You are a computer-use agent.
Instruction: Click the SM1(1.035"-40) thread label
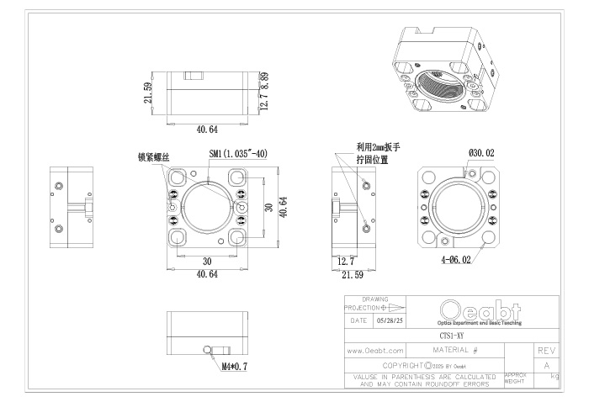click(238, 154)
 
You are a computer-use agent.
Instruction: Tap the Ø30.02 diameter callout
click(482, 153)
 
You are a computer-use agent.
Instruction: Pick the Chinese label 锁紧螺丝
click(154, 156)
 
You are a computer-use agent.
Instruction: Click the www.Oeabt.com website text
click(376, 349)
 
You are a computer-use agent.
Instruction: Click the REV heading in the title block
click(545, 348)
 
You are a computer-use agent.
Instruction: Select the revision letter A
click(545, 365)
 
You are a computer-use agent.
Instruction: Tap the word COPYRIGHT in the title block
click(403, 365)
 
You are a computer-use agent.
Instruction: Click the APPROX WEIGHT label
click(515, 379)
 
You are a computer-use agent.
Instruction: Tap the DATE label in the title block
click(358, 321)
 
